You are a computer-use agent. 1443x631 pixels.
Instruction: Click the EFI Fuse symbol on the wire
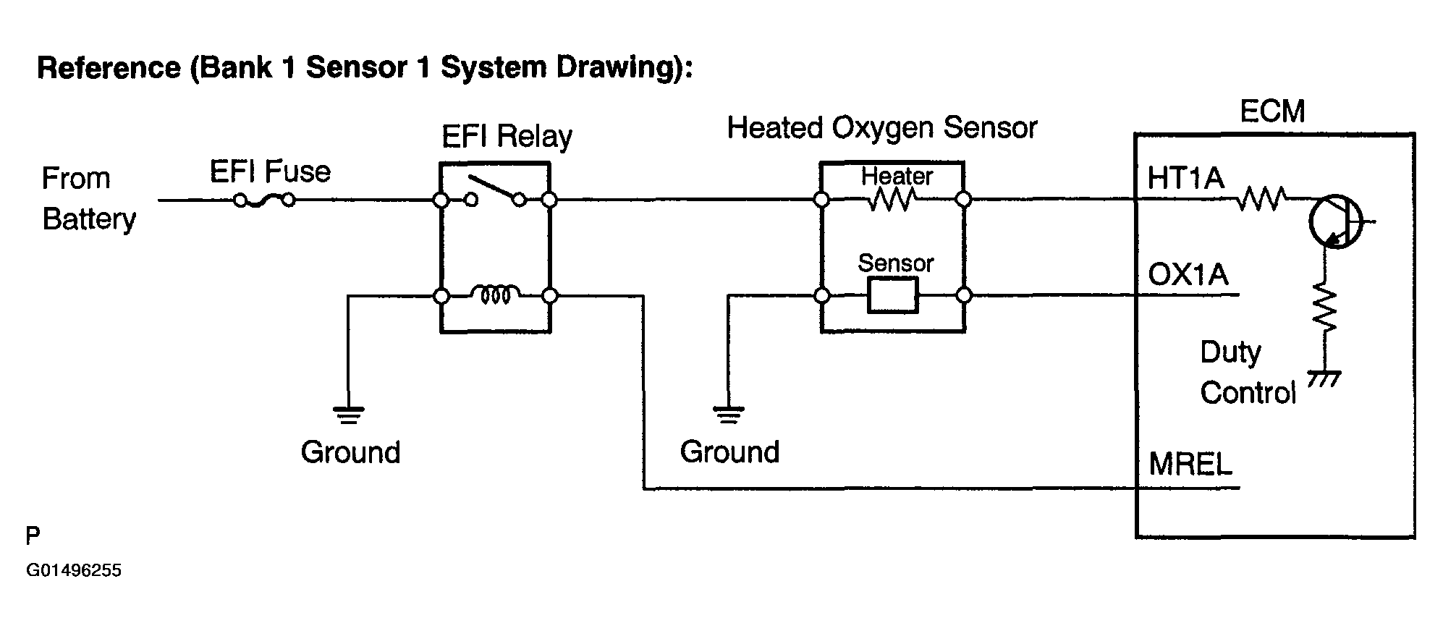[x=264, y=200]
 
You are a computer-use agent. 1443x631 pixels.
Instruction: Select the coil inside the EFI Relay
[x=495, y=295]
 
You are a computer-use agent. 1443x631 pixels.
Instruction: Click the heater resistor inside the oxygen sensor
[x=892, y=200]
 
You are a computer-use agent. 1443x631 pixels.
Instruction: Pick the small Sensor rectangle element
[x=892, y=295]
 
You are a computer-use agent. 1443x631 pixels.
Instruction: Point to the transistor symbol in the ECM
[x=1337, y=221]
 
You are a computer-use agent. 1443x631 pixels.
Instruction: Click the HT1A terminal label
[x=1185, y=178]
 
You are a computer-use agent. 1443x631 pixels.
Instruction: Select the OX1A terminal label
[x=1188, y=275]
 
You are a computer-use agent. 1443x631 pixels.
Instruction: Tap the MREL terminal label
[x=1190, y=464]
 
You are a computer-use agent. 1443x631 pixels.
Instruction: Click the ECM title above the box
[x=1272, y=111]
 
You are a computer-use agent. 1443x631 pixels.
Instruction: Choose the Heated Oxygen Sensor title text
[x=882, y=128]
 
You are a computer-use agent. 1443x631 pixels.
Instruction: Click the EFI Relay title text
[x=507, y=136]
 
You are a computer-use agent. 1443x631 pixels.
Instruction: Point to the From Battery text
[x=88, y=198]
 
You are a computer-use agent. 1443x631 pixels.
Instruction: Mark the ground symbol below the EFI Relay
[x=348, y=415]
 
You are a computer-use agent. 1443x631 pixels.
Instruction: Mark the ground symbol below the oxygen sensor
[x=728, y=415]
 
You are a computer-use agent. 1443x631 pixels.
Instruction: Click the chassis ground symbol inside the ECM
[x=1324, y=378]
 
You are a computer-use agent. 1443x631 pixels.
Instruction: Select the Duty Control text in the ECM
[x=1248, y=373]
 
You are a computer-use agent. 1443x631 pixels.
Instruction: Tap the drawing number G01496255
[x=74, y=571]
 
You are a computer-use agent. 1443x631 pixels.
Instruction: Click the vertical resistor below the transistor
[x=1325, y=308]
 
